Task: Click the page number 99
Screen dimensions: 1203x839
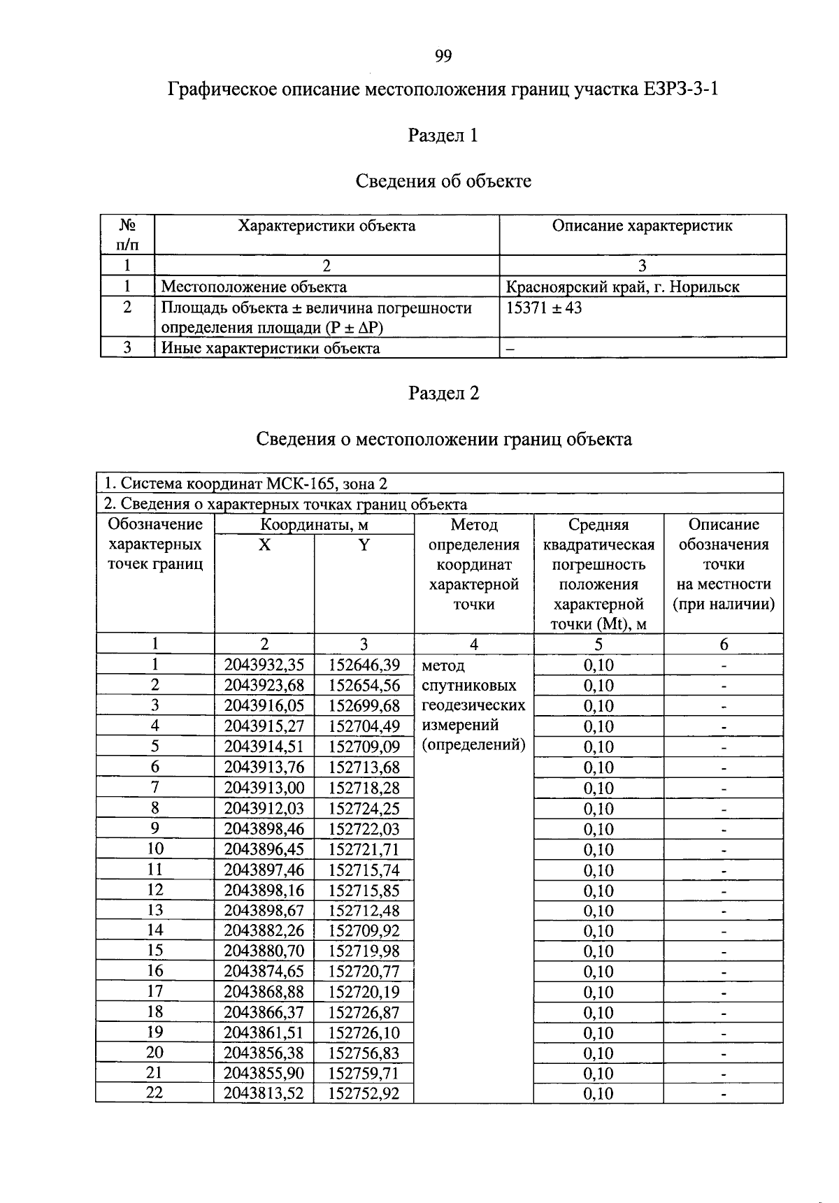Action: tap(443, 56)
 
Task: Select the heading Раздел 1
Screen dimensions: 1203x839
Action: tap(443, 136)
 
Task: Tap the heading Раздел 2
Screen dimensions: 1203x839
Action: tap(443, 394)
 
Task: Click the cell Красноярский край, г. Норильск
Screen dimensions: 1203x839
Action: tap(622, 287)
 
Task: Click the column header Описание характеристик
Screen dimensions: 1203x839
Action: tap(642, 226)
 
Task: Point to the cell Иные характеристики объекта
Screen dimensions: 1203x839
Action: tap(271, 348)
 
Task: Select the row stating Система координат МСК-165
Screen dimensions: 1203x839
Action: tap(245, 484)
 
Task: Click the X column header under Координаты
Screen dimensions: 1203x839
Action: tap(264, 545)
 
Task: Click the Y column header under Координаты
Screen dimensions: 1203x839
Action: tap(364, 545)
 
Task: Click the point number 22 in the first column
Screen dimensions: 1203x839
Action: tap(155, 1093)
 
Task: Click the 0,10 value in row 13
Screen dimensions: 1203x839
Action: tap(598, 911)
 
